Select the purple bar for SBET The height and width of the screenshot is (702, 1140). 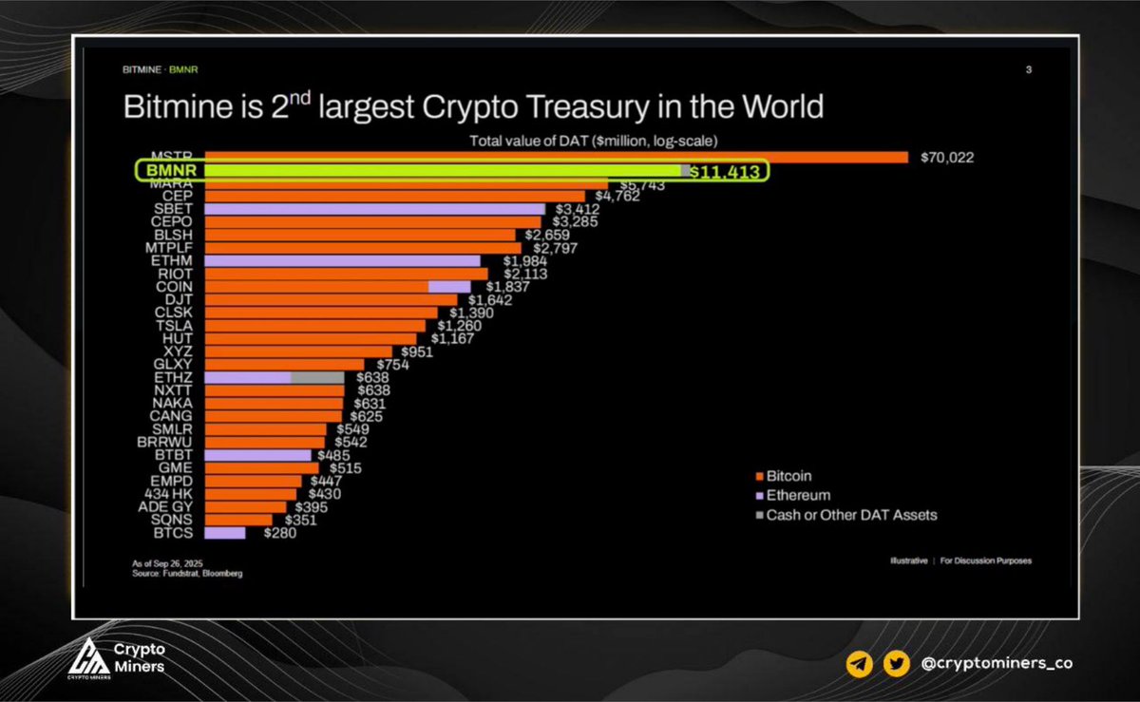coord(375,209)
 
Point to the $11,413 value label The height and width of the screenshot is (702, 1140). coord(724,172)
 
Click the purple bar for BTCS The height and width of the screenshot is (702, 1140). coord(225,533)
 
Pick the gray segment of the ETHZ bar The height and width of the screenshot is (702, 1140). coord(317,377)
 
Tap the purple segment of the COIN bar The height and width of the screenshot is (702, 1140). coord(449,286)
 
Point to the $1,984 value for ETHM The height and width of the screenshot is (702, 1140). coord(507,261)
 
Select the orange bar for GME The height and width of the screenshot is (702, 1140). coord(262,467)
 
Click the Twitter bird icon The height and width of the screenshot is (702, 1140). coord(895,665)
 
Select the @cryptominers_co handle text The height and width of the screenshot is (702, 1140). coord(997,665)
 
